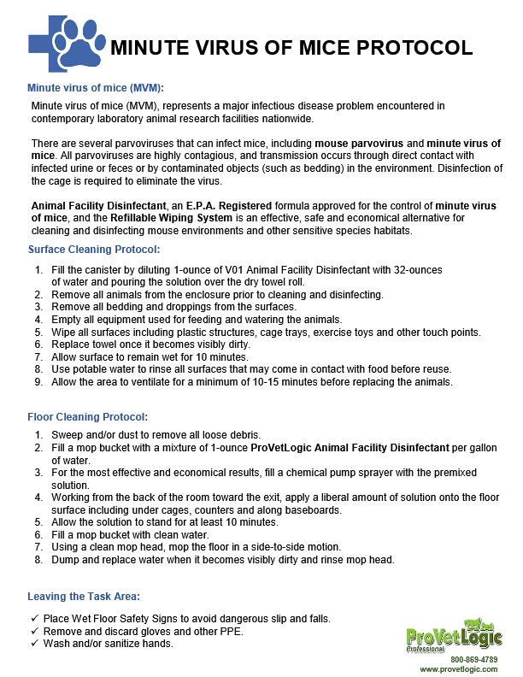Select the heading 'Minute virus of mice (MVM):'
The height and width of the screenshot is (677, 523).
(95, 88)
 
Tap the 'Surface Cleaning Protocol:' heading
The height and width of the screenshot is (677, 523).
(94, 250)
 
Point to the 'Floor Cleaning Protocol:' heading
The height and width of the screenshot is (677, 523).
(87, 417)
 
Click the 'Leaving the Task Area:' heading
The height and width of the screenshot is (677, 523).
(84, 597)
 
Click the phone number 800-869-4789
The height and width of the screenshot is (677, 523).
(473, 660)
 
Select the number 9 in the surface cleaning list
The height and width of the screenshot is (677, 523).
(38, 382)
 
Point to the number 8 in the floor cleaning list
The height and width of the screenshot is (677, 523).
(38, 560)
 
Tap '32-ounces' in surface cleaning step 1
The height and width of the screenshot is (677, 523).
(420, 269)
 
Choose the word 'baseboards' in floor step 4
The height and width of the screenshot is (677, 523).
(310, 510)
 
